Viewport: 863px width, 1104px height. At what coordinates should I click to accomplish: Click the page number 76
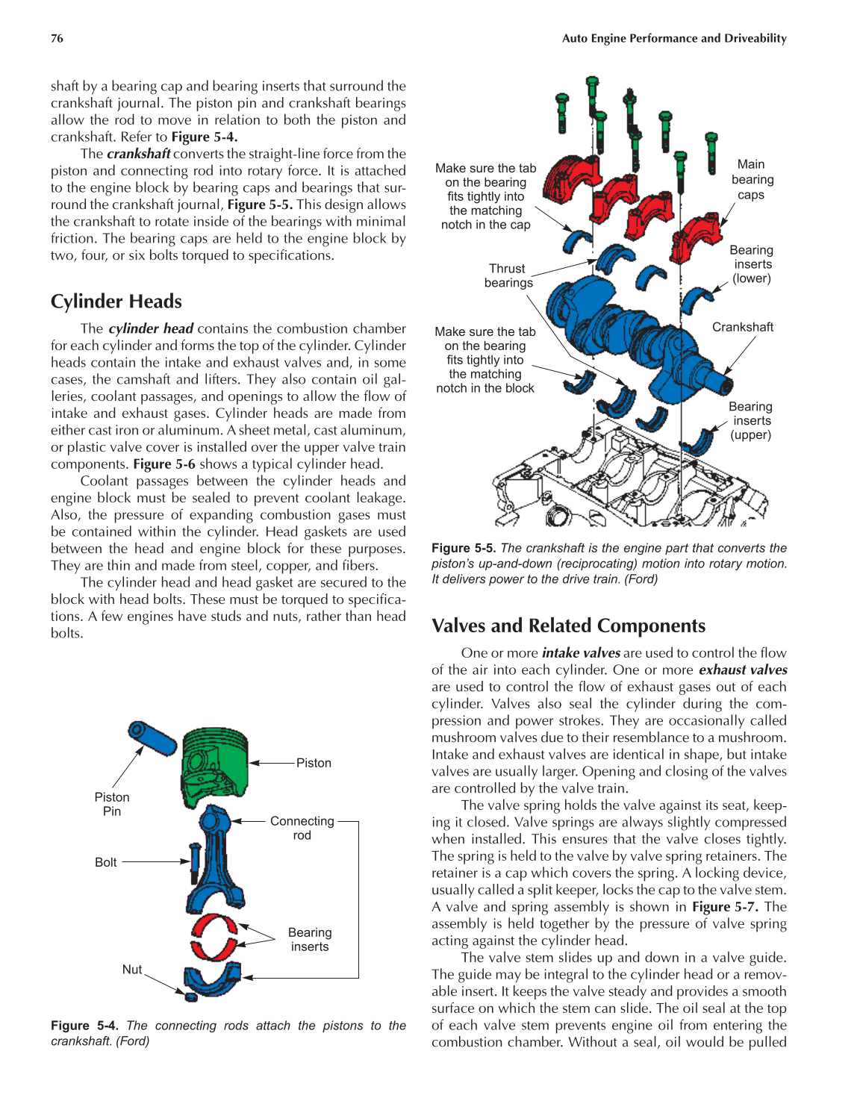(x=57, y=39)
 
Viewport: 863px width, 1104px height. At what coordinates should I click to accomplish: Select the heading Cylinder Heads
(x=116, y=302)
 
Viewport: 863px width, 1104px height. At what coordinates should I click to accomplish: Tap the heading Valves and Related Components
(x=568, y=626)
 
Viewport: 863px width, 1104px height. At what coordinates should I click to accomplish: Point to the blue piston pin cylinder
(x=152, y=737)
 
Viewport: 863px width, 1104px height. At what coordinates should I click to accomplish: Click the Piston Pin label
(x=112, y=804)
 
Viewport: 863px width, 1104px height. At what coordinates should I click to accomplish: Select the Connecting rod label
(x=302, y=828)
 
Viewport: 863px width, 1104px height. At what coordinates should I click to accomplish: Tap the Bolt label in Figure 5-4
(x=106, y=862)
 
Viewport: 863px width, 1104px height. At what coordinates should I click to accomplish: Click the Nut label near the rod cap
(x=132, y=970)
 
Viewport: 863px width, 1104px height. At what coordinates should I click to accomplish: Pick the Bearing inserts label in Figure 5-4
(x=310, y=939)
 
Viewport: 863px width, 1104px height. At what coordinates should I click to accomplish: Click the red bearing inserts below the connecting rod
(x=213, y=937)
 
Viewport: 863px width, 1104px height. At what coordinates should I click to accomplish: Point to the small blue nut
(x=190, y=996)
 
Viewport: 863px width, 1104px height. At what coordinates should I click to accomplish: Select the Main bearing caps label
(x=752, y=179)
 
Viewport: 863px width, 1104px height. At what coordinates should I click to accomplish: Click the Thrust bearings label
(x=508, y=275)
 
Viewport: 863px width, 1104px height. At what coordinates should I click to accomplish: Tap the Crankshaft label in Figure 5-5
(x=743, y=327)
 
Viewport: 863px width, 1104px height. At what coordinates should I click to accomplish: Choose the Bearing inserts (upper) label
(x=751, y=420)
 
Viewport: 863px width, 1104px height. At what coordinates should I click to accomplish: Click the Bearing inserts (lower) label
(x=752, y=264)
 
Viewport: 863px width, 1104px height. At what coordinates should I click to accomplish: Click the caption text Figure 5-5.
(x=463, y=548)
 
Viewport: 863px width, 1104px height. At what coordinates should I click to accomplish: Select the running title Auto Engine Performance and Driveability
(x=674, y=39)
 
